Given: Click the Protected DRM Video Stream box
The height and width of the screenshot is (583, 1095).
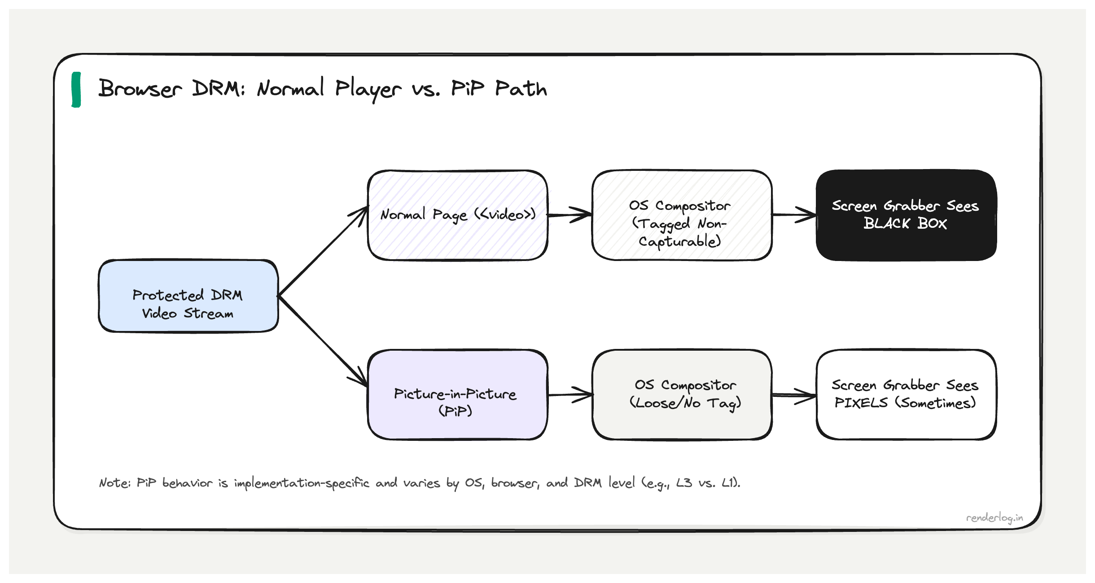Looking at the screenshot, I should click(188, 296).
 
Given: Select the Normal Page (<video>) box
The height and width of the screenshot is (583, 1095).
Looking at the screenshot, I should click(457, 215).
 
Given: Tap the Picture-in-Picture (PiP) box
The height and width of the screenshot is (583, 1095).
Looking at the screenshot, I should click(457, 395).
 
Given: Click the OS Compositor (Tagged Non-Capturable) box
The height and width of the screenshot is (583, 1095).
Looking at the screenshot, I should click(682, 215).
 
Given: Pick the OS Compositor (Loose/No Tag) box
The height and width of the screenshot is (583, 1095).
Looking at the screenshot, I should click(682, 395).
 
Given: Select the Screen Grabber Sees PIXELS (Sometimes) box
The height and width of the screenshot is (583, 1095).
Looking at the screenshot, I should click(906, 395).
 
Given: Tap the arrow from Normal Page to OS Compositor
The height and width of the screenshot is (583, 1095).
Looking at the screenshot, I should click(569, 215).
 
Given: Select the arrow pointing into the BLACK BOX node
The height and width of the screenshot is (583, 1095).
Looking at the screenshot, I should click(793, 215).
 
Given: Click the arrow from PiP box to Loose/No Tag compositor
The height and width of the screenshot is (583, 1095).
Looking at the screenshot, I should click(570, 395).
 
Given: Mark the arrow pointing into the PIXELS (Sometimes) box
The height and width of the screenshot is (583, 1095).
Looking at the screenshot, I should click(793, 395).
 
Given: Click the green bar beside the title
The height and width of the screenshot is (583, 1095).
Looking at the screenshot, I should click(76, 90).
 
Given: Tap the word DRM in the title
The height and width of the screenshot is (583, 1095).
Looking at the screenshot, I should click(219, 88).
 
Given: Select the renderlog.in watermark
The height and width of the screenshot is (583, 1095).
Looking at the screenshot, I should click(994, 518).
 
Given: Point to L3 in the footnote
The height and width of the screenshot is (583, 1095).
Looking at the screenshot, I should click(684, 483).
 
